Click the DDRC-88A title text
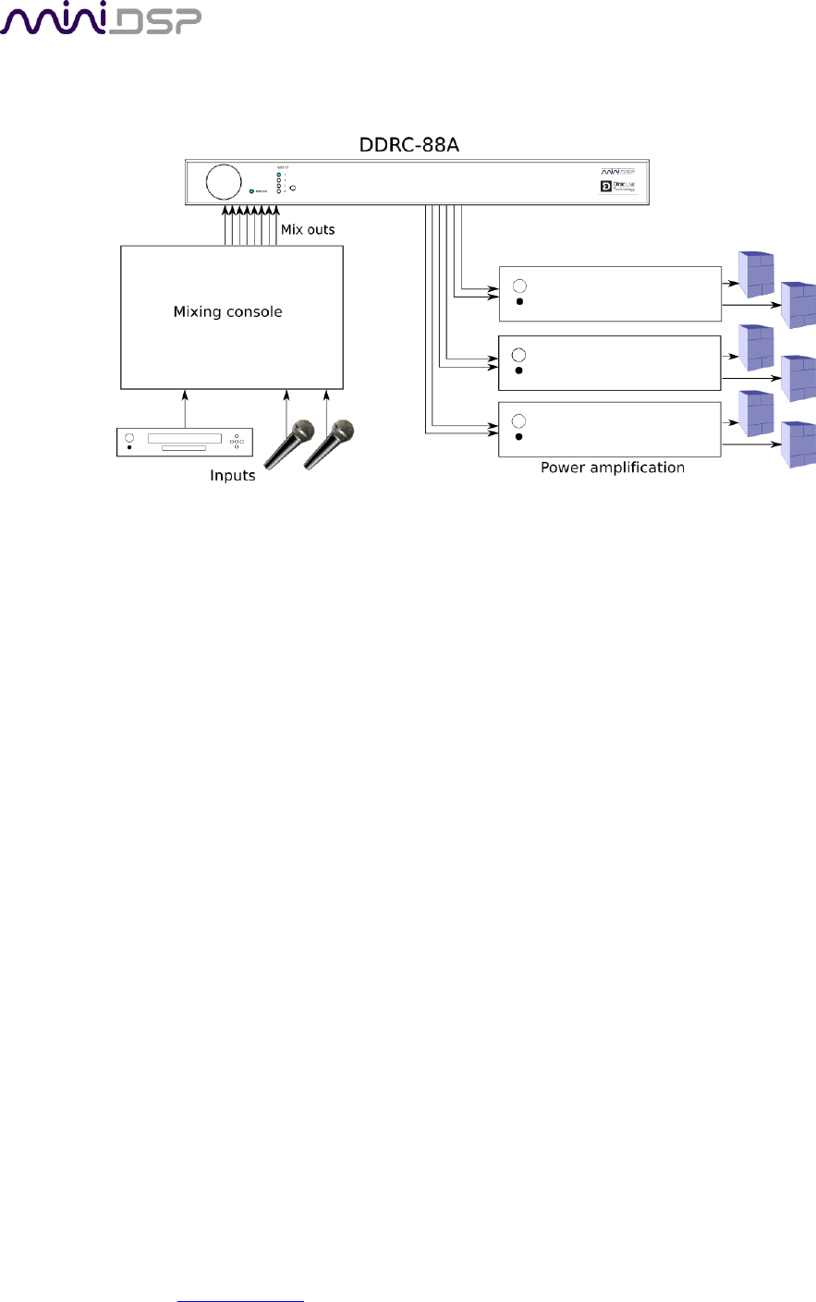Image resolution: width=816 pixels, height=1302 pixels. [408, 146]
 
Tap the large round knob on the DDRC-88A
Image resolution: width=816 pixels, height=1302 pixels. [223, 181]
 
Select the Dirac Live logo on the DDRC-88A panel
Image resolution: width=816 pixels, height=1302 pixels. [618, 187]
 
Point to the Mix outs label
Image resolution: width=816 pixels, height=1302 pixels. [308, 229]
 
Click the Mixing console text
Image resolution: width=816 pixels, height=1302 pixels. [227, 311]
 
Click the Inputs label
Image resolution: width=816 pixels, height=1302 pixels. [232, 475]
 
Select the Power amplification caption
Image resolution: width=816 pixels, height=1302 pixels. [612, 468]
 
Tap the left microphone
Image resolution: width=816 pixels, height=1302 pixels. [287, 444]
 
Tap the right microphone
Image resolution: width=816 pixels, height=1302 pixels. [328, 444]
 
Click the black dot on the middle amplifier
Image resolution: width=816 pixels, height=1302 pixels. [519, 371]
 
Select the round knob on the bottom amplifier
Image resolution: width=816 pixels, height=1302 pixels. [519, 422]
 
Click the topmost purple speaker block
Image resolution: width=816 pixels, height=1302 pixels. [755, 274]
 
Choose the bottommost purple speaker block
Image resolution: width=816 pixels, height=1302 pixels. [798, 444]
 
